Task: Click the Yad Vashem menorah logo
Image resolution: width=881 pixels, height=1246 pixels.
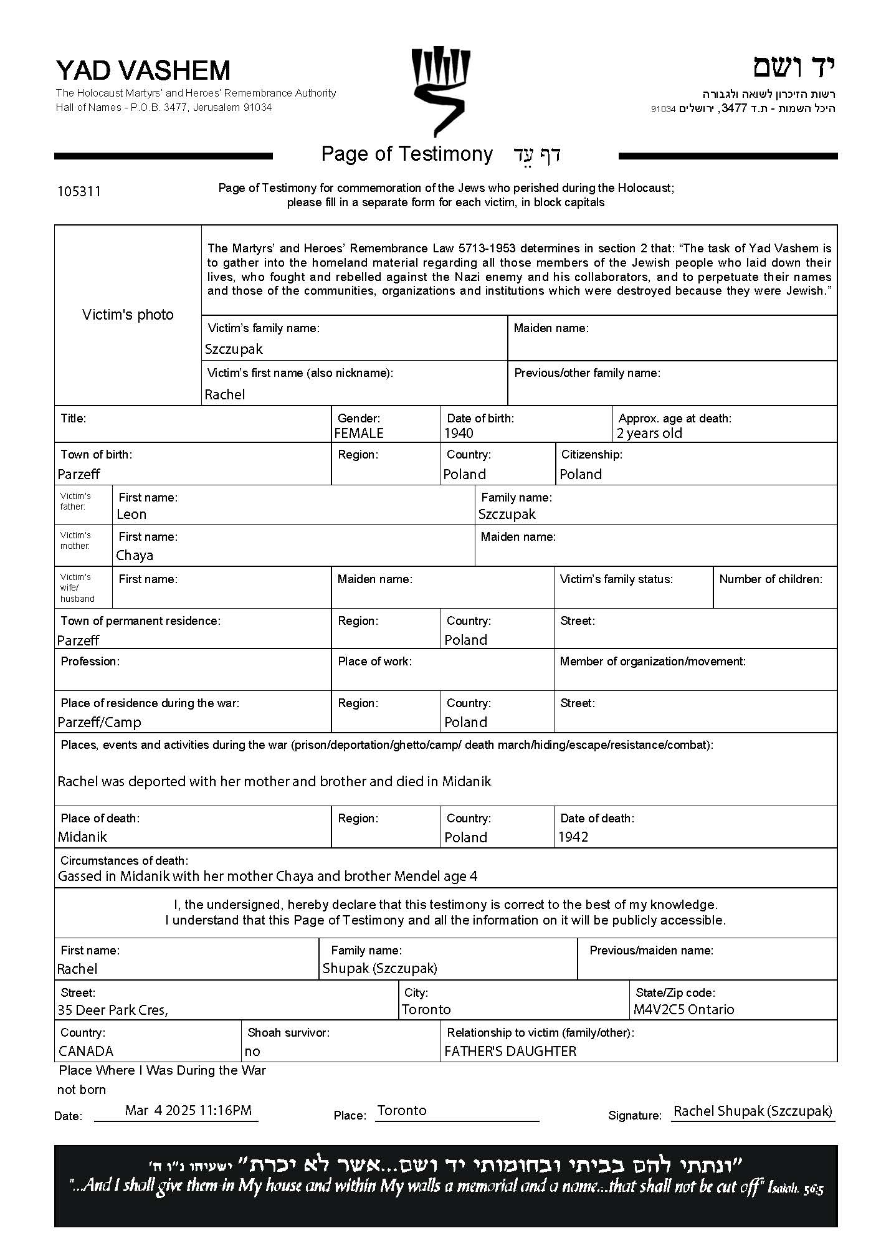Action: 440,90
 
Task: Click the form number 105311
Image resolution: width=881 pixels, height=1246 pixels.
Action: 79,191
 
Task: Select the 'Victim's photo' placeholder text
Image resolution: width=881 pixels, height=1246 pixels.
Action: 128,315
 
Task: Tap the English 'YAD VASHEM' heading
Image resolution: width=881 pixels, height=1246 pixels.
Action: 143,70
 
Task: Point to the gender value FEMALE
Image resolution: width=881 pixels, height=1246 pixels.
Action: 359,433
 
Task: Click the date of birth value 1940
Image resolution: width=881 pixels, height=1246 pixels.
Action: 459,433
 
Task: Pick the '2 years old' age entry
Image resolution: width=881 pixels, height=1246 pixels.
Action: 649,433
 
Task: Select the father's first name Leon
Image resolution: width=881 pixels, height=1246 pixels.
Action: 131,514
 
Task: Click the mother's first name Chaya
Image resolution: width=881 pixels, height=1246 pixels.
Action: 135,555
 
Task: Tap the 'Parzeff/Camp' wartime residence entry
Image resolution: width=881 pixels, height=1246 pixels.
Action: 99,722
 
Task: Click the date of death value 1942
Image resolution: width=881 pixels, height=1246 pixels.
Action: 573,837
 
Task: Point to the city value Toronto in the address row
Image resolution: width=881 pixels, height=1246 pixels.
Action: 426,1009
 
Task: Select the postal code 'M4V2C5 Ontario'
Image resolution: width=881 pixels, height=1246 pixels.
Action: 683,1009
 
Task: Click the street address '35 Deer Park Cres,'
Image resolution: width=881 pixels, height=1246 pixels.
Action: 113,1010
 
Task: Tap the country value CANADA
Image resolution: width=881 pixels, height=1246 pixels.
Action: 86,1051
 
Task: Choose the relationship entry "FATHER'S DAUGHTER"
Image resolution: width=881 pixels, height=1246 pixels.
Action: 510,1051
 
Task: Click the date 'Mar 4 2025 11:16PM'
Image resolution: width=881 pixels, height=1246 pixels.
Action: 188,1110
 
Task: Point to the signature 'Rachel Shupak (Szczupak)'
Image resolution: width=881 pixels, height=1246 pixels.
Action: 753,1111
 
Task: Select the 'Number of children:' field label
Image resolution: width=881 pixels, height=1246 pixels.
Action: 771,579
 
